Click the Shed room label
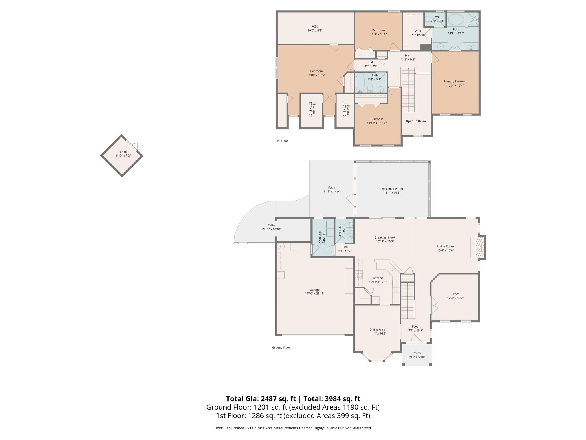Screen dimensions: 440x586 (123, 154)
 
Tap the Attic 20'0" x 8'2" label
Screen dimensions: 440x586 (315, 28)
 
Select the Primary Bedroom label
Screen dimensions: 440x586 (455, 83)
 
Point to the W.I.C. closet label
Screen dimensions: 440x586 (418, 33)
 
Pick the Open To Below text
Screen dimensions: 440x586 (416, 121)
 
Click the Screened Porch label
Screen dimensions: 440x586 (392, 190)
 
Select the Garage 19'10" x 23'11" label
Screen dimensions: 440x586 (314, 292)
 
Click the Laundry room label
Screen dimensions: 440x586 (323, 238)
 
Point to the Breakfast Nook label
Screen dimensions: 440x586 (385, 239)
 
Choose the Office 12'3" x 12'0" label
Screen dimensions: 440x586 (455, 296)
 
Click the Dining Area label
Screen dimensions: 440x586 (377, 331)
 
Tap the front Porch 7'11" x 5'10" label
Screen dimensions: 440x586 (417, 355)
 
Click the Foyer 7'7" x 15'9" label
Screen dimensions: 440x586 (415, 328)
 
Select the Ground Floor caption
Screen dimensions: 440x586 (281, 347)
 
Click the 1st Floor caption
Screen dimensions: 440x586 (282, 141)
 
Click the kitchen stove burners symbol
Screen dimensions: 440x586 (359, 275)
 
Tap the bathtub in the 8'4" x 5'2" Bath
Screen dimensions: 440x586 (360, 82)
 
